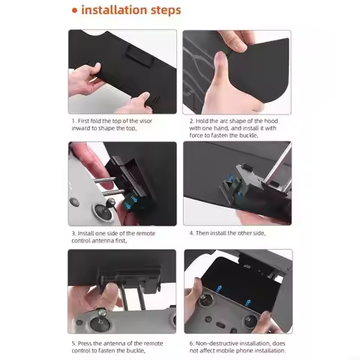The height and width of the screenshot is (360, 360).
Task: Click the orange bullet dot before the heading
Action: tap(74, 10)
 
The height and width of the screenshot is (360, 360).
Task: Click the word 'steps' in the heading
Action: tap(166, 10)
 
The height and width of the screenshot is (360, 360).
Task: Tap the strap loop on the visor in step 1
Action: tap(138, 56)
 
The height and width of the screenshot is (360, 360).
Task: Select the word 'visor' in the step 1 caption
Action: tap(145, 121)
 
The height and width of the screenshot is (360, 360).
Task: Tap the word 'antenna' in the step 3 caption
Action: tap(103, 241)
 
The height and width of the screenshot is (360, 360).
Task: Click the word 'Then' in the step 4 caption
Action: tap(202, 233)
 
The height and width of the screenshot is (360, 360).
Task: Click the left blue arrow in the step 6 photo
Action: tap(219, 289)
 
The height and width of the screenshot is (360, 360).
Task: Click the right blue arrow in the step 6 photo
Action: tap(248, 303)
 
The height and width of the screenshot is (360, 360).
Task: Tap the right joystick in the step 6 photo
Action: tap(250, 321)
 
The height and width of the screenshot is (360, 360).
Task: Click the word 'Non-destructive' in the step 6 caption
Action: tap(217, 343)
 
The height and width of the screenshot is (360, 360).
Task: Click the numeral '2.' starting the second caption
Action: tap(191, 121)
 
